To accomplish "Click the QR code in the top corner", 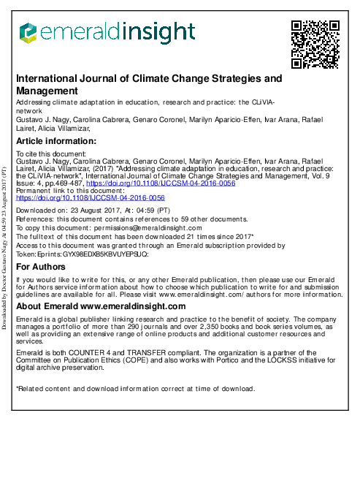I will (x=315, y=43).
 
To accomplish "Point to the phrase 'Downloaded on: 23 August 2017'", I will (x=70, y=209).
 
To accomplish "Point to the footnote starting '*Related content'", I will (x=136, y=388).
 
